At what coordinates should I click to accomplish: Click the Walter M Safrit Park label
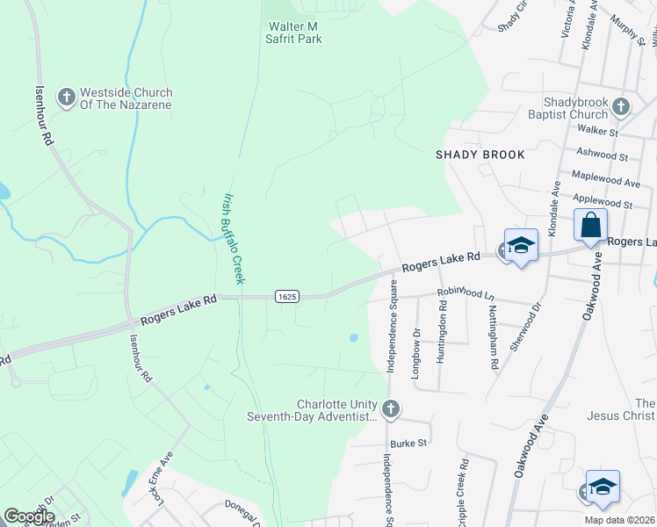pos(295,32)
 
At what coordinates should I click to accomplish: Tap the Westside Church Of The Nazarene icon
pos(66,97)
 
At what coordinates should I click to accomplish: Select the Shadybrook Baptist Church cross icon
pos(621,107)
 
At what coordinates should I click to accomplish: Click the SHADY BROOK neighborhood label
pos(480,155)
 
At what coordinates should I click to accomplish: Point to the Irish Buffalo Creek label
pos(233,238)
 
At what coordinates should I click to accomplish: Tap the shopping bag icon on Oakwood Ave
pos(591,225)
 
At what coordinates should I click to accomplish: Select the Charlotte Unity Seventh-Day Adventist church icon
pos(391,408)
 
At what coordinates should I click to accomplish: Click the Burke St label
pos(408,444)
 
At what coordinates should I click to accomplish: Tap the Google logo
pos(28,517)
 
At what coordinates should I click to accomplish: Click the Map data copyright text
pos(619,520)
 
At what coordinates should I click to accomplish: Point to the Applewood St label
pos(603,203)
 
